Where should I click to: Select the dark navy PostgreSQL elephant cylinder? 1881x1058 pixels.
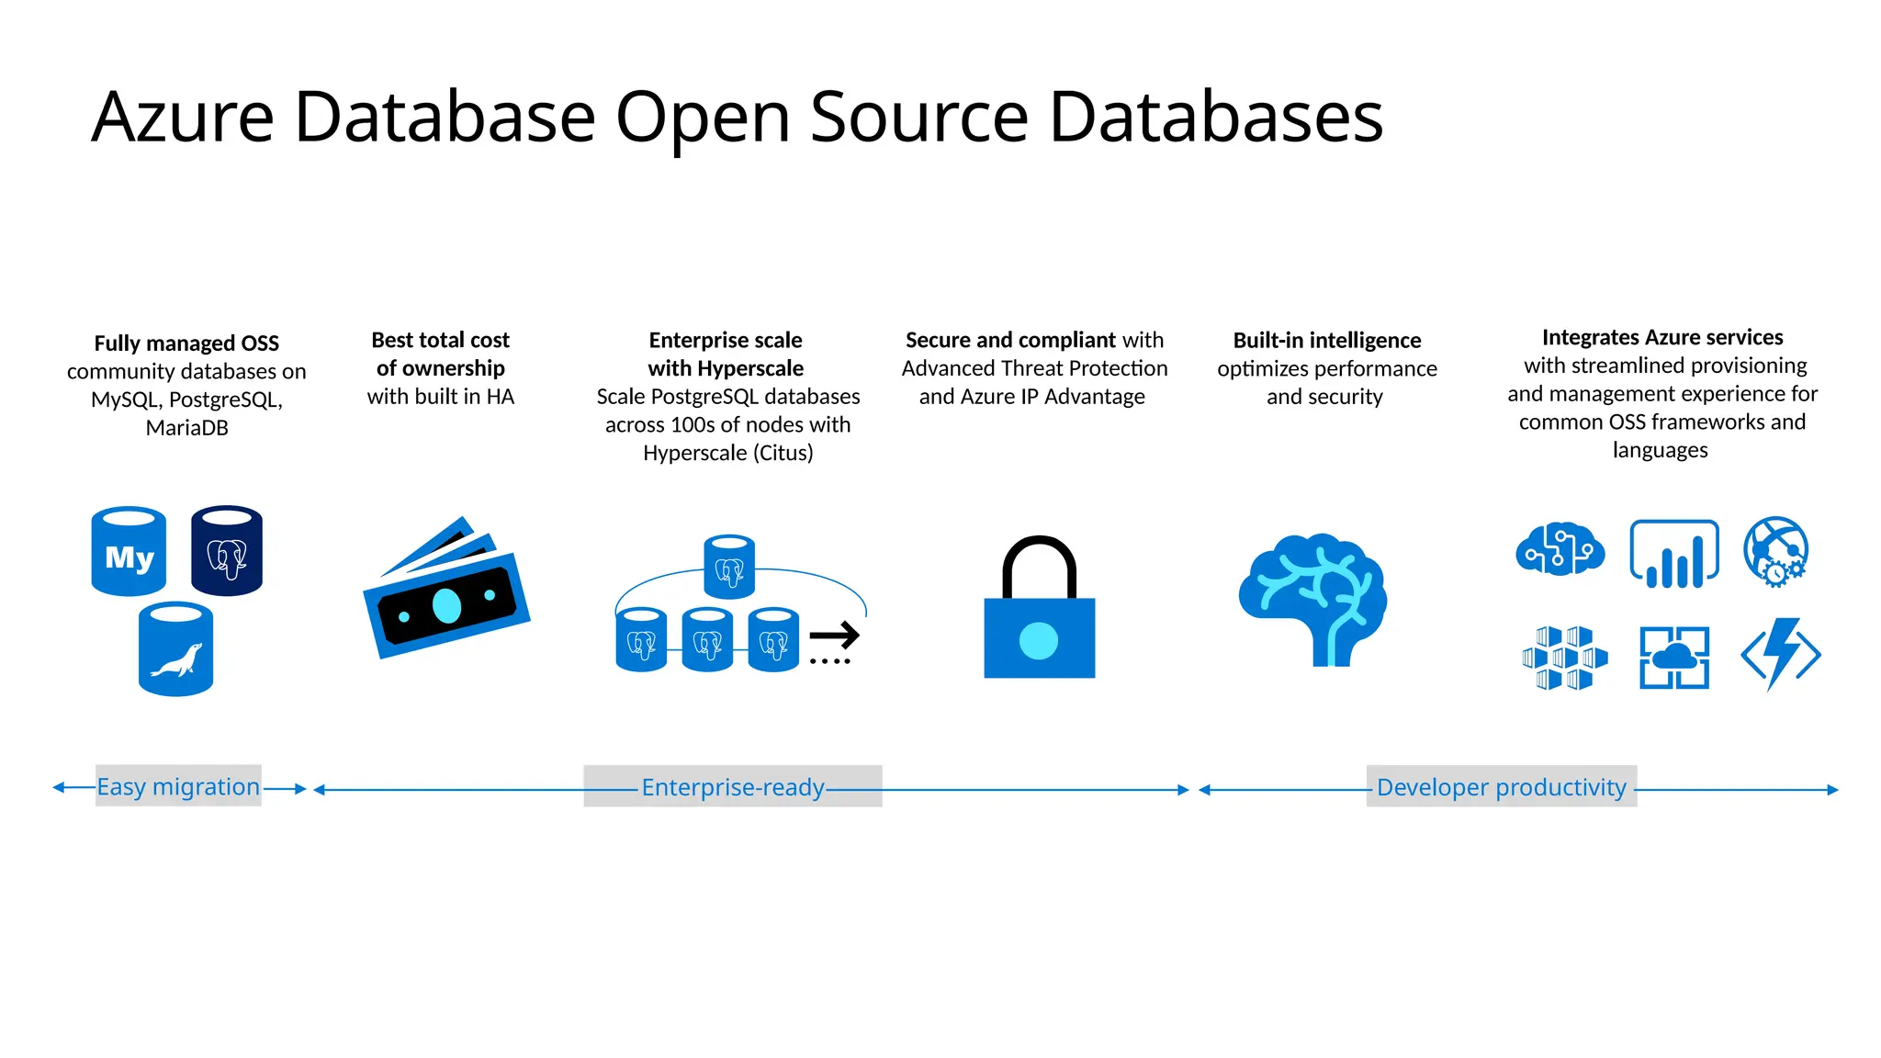[227, 551]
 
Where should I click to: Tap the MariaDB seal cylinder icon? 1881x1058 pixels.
[175, 649]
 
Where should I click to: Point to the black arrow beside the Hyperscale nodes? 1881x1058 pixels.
[834, 635]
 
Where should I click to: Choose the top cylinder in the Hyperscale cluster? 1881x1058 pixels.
[729, 567]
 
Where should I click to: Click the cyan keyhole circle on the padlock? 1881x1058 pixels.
[1039, 640]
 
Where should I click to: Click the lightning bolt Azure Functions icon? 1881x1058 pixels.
[1781, 654]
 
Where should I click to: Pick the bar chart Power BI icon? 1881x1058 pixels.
[1673, 554]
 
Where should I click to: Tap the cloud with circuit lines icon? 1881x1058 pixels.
[1560, 549]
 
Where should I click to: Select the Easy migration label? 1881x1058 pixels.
[178, 787]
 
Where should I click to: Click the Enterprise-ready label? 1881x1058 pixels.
[733, 787]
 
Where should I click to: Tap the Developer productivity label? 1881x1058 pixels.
[1501, 787]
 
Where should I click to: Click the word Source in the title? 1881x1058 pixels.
[918, 118]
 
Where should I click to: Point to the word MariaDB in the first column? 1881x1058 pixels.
[186, 428]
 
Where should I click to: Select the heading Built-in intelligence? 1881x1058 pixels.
[1326, 341]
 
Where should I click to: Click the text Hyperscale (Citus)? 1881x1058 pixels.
[727, 453]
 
